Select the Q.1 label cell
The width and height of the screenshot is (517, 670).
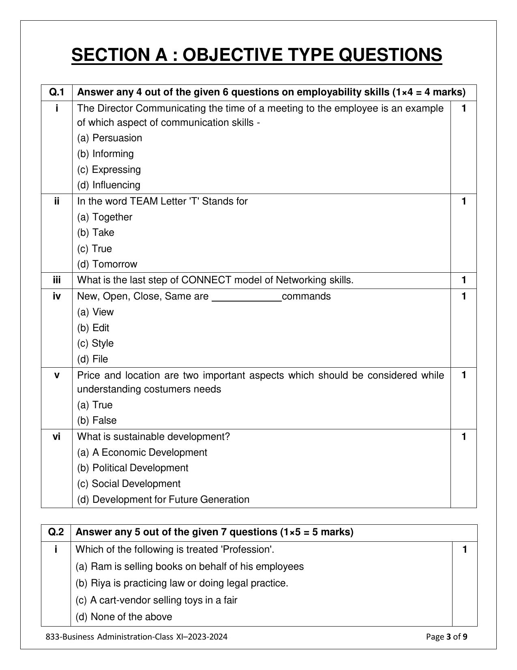point(57,93)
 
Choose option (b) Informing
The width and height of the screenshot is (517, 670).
point(105,154)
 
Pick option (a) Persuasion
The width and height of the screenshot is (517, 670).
point(109,138)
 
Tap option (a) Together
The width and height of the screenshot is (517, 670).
point(105,217)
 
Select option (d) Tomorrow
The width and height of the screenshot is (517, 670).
point(107,264)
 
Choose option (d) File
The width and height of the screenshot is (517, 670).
point(92,359)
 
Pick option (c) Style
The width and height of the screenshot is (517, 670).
point(95,343)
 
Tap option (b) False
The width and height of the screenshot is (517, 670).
point(97,420)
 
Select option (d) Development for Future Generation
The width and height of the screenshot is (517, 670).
point(163,500)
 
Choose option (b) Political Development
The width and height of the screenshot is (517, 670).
point(133,468)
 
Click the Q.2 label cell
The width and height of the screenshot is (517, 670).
point(56,532)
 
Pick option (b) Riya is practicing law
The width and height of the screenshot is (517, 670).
point(182,583)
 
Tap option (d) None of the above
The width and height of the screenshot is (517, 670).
point(124,617)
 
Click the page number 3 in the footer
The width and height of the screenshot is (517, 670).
point(449,637)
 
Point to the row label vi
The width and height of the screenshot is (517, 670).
point(57,437)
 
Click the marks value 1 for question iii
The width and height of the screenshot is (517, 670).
point(463,280)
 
